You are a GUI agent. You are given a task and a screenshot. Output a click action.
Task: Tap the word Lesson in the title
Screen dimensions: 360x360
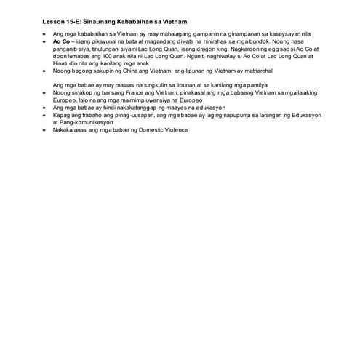(x=55, y=23)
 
